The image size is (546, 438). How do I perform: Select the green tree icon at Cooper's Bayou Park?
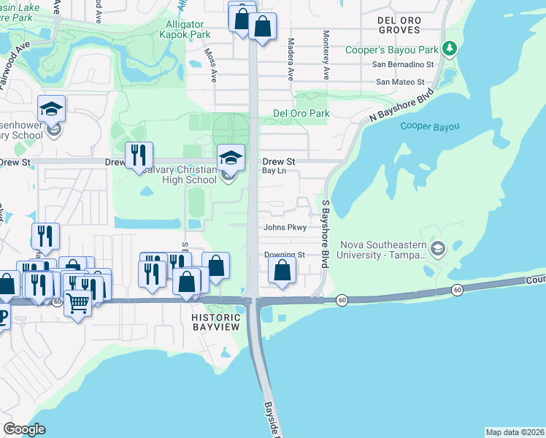(450, 49)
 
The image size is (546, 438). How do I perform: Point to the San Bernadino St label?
(403, 64)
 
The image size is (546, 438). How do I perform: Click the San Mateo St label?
(400, 82)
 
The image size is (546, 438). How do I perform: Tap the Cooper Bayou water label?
(430, 127)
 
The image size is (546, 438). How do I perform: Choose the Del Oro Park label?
(301, 113)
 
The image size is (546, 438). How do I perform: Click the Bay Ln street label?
(274, 171)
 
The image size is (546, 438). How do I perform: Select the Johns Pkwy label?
(284, 227)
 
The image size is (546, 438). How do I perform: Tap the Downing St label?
(284, 255)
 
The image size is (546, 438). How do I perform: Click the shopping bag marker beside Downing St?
(282, 272)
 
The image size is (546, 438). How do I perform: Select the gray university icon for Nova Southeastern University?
(437, 249)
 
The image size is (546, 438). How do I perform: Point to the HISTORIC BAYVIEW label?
(216, 323)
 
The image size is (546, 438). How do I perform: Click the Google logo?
(24, 429)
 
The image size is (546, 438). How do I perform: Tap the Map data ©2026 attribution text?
(515, 432)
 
